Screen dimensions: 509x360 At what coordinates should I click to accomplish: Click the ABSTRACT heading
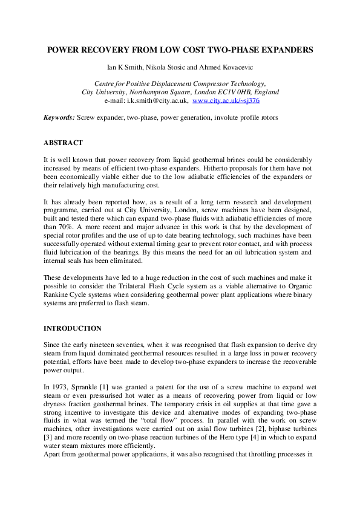(63, 143)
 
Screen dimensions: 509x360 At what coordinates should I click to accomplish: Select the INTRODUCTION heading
(73, 328)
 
